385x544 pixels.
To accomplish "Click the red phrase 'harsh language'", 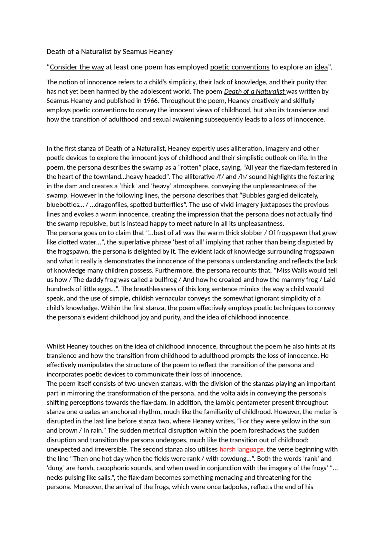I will tap(241, 449).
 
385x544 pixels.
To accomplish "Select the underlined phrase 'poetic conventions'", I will tap(240, 67).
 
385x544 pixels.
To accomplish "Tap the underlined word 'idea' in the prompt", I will tap(321, 67).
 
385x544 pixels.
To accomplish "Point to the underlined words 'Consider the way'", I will tap(77, 67).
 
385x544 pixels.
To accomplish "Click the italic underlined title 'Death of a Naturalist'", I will tap(254, 91).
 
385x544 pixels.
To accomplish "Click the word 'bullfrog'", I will tap(166, 280).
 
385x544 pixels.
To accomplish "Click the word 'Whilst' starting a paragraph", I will tap(56, 346).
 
